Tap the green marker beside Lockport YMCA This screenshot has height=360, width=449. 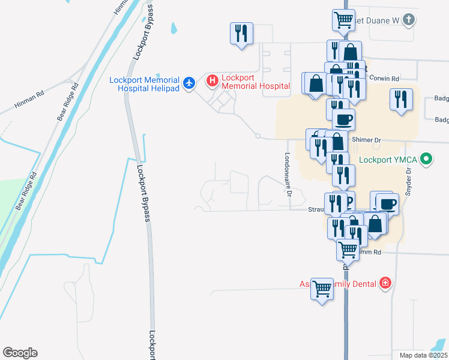(426, 160)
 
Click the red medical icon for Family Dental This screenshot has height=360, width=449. (385, 283)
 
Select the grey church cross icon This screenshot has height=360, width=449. (408, 20)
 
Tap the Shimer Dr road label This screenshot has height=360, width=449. (369, 140)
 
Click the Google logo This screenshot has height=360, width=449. (20, 353)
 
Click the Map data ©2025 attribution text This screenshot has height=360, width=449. (423, 355)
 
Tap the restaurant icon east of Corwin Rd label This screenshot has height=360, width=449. (401, 98)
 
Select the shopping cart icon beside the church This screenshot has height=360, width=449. (343, 19)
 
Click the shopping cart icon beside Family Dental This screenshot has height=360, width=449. (322, 289)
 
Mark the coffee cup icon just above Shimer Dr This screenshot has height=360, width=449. (343, 118)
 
